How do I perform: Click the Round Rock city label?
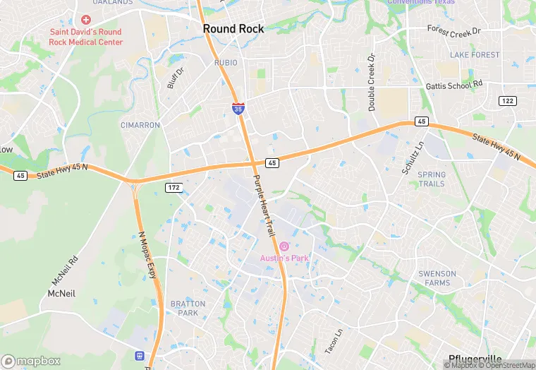pyautogui.click(x=233, y=29)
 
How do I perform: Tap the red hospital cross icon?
pyautogui.click(x=86, y=20)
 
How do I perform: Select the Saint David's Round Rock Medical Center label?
pyautogui.click(x=86, y=37)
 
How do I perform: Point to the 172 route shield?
pyautogui.click(x=173, y=187)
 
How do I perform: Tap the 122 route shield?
pyautogui.click(x=506, y=101)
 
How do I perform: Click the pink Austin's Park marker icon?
pyautogui.click(x=284, y=246)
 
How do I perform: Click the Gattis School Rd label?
pyautogui.click(x=454, y=85)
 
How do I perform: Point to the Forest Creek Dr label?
pyautogui.click(x=453, y=30)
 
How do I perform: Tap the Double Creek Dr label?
pyautogui.click(x=371, y=82)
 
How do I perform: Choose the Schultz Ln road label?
pyautogui.click(x=413, y=157)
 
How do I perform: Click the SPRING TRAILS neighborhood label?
pyautogui.click(x=432, y=179)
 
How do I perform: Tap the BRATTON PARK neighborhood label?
pyautogui.click(x=188, y=309)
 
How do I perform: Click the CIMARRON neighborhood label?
pyautogui.click(x=140, y=125)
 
